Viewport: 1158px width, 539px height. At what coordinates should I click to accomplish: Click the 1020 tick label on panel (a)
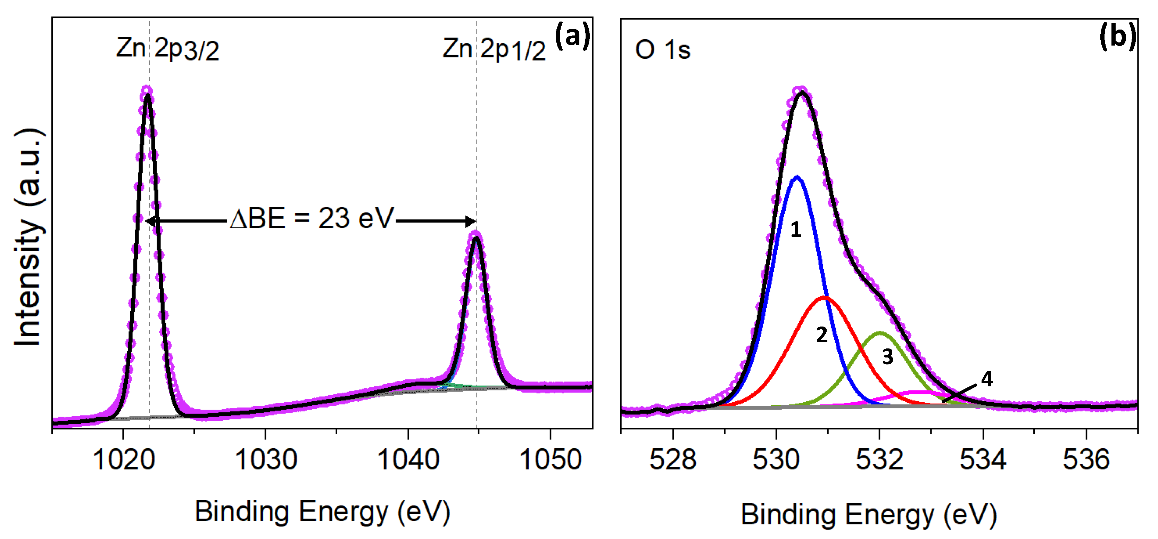point(124,460)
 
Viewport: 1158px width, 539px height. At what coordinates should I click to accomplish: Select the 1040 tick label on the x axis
point(408,460)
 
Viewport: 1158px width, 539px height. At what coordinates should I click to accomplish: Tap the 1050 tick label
point(550,460)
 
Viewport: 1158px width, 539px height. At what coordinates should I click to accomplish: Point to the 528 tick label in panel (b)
point(672,460)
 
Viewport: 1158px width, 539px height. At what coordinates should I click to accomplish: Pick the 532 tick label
point(879,460)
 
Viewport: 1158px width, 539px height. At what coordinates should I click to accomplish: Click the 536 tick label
point(1086,460)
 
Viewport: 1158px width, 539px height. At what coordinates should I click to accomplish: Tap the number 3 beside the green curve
point(887,357)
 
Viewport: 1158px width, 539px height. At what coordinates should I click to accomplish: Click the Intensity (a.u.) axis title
point(28,237)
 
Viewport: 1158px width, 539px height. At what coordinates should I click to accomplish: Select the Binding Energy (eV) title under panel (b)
point(868,514)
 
